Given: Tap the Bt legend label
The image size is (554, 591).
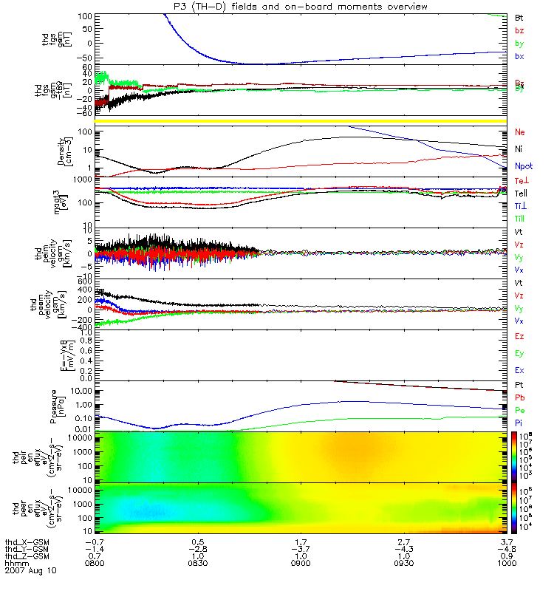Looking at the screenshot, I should (x=519, y=16).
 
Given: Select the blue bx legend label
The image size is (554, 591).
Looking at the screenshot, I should (x=519, y=57).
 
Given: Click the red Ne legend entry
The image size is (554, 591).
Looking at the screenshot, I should (x=520, y=132).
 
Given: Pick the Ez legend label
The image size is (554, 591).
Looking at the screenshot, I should (x=519, y=336).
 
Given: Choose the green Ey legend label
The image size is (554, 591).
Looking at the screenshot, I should (x=519, y=353).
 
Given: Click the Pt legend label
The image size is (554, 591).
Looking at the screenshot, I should (x=519, y=386).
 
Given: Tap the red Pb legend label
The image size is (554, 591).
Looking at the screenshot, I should (x=519, y=398).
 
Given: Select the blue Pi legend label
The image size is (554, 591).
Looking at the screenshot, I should (x=519, y=423).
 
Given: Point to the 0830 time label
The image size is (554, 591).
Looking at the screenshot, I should (x=197, y=564).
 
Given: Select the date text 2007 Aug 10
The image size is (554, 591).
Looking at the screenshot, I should (x=30, y=572).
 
